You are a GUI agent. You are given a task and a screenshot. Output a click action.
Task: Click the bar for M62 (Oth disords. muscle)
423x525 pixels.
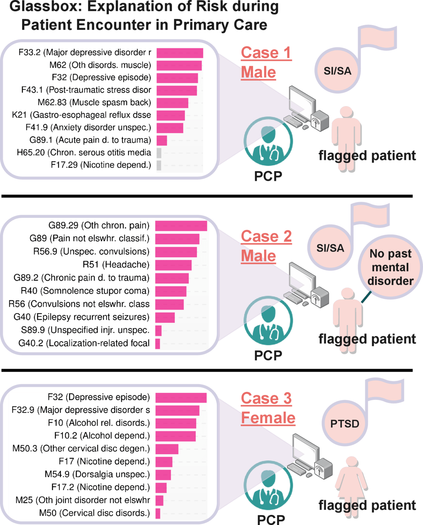[x=179, y=65]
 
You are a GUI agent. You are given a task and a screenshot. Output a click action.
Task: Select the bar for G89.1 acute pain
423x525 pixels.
[x=162, y=140]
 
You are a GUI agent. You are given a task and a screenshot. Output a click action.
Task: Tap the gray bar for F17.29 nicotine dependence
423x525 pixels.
[x=159, y=165]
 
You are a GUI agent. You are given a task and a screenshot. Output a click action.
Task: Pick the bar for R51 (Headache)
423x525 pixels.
[x=173, y=265]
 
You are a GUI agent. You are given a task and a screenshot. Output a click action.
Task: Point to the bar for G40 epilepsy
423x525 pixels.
[x=165, y=317]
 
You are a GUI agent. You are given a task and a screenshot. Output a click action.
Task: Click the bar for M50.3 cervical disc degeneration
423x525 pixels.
[x=167, y=449]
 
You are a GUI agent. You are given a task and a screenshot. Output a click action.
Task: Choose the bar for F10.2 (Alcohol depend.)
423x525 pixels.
[x=175, y=436]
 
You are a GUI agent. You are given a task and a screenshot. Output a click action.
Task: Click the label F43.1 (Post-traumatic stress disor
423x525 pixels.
[x=86, y=90]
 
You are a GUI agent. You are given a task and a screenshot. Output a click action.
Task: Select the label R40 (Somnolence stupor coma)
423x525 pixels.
[x=85, y=291]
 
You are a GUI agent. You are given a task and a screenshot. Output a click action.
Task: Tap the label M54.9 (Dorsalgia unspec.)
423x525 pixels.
[x=97, y=474]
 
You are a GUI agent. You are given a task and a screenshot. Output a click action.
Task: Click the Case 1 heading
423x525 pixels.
[x=266, y=53]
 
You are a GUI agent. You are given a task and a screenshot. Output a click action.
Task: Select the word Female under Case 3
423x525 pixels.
[x=268, y=418]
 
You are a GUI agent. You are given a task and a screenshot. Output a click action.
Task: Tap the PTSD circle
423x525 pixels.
[x=344, y=423]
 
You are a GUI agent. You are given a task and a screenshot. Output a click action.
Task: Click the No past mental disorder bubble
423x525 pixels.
[x=390, y=267]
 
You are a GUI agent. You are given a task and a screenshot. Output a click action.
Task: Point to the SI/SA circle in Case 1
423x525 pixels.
[x=337, y=71]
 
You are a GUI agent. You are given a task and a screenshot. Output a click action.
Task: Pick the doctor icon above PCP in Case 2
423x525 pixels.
[x=268, y=320]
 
